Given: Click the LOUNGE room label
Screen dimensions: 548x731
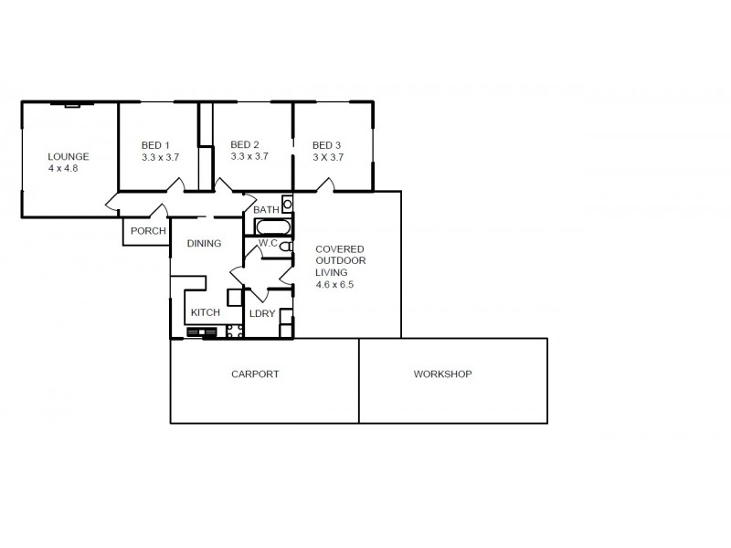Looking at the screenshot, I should pyautogui.click(x=69, y=156).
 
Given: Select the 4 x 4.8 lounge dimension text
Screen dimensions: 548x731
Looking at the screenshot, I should pyautogui.click(x=65, y=168).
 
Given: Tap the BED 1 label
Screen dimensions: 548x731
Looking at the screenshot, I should pyautogui.click(x=155, y=145).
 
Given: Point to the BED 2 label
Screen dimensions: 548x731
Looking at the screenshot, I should pyautogui.click(x=245, y=144).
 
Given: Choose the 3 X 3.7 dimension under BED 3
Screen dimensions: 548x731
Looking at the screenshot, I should pyautogui.click(x=327, y=157).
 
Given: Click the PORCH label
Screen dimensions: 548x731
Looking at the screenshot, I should pyautogui.click(x=148, y=231).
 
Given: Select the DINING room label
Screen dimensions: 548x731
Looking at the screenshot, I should pyautogui.click(x=204, y=244).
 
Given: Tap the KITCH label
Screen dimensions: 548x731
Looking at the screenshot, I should pyautogui.click(x=206, y=312).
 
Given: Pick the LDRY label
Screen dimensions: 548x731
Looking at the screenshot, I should pyautogui.click(x=262, y=314).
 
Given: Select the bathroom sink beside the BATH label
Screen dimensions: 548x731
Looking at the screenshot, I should pyautogui.click(x=286, y=205).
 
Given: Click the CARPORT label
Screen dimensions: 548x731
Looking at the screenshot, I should pyautogui.click(x=255, y=374).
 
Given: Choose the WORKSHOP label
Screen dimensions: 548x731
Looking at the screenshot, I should pyautogui.click(x=442, y=374).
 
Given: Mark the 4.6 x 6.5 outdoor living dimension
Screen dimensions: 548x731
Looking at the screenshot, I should pyautogui.click(x=334, y=284).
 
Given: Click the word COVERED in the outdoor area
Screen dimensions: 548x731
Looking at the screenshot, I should pyautogui.click(x=340, y=248).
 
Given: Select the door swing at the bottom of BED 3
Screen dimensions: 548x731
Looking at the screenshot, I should pyautogui.click(x=324, y=185).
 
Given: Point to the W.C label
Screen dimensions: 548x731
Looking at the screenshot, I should pyautogui.click(x=268, y=244).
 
